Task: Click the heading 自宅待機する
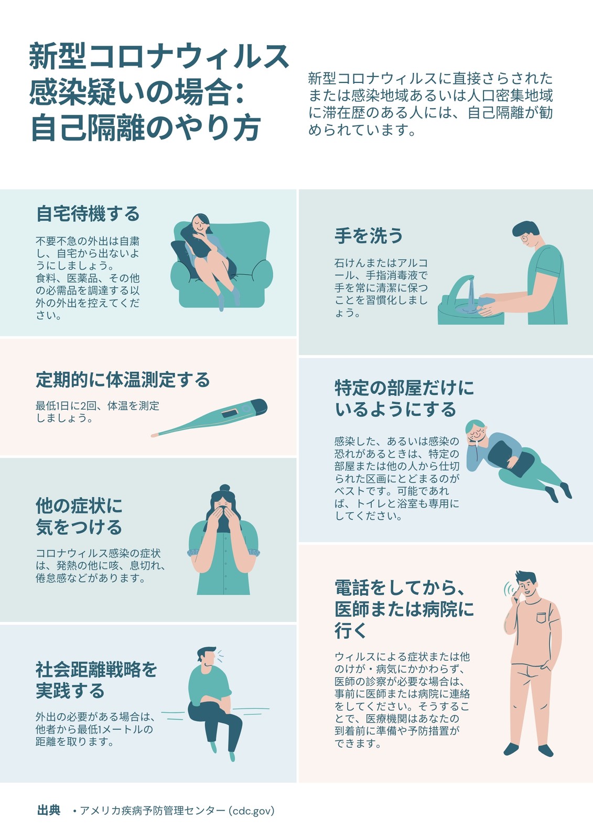point(88,214)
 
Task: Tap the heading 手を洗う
point(369,236)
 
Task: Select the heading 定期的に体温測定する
point(123,380)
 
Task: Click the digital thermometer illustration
point(209,417)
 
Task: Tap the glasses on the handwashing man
point(525,238)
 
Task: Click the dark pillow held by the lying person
point(512,458)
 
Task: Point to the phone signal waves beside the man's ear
point(508,589)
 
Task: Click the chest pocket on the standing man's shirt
point(542,617)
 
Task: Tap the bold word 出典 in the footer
point(49,811)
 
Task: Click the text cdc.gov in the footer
point(251,811)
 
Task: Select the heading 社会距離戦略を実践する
point(96,680)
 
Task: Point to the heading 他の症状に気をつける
point(79,516)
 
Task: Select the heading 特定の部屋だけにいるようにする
point(404,399)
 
